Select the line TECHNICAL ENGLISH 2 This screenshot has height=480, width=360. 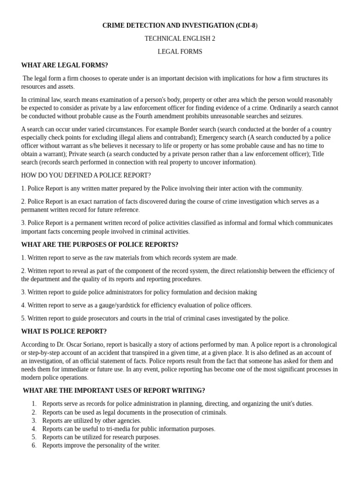tap(180, 38)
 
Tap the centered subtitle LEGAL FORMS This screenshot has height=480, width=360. tap(180, 52)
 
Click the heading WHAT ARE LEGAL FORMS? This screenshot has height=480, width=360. tap(64, 65)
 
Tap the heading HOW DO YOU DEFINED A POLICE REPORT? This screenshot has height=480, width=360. tap(86, 175)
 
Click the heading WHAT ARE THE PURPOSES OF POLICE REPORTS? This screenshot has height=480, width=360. tap(99, 245)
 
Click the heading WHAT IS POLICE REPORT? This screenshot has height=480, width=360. tap(64, 331)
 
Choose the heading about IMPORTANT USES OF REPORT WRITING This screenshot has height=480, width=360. tap(113, 390)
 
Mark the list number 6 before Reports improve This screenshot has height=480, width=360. tap(34, 446)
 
